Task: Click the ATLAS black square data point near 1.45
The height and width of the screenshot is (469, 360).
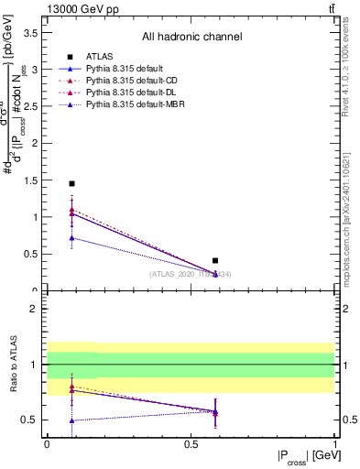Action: click(x=71, y=183)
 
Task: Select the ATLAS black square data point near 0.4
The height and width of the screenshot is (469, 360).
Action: click(x=215, y=261)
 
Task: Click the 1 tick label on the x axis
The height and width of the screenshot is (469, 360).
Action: click(x=334, y=443)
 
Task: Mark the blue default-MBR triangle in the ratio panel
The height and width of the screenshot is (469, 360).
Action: click(x=71, y=420)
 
